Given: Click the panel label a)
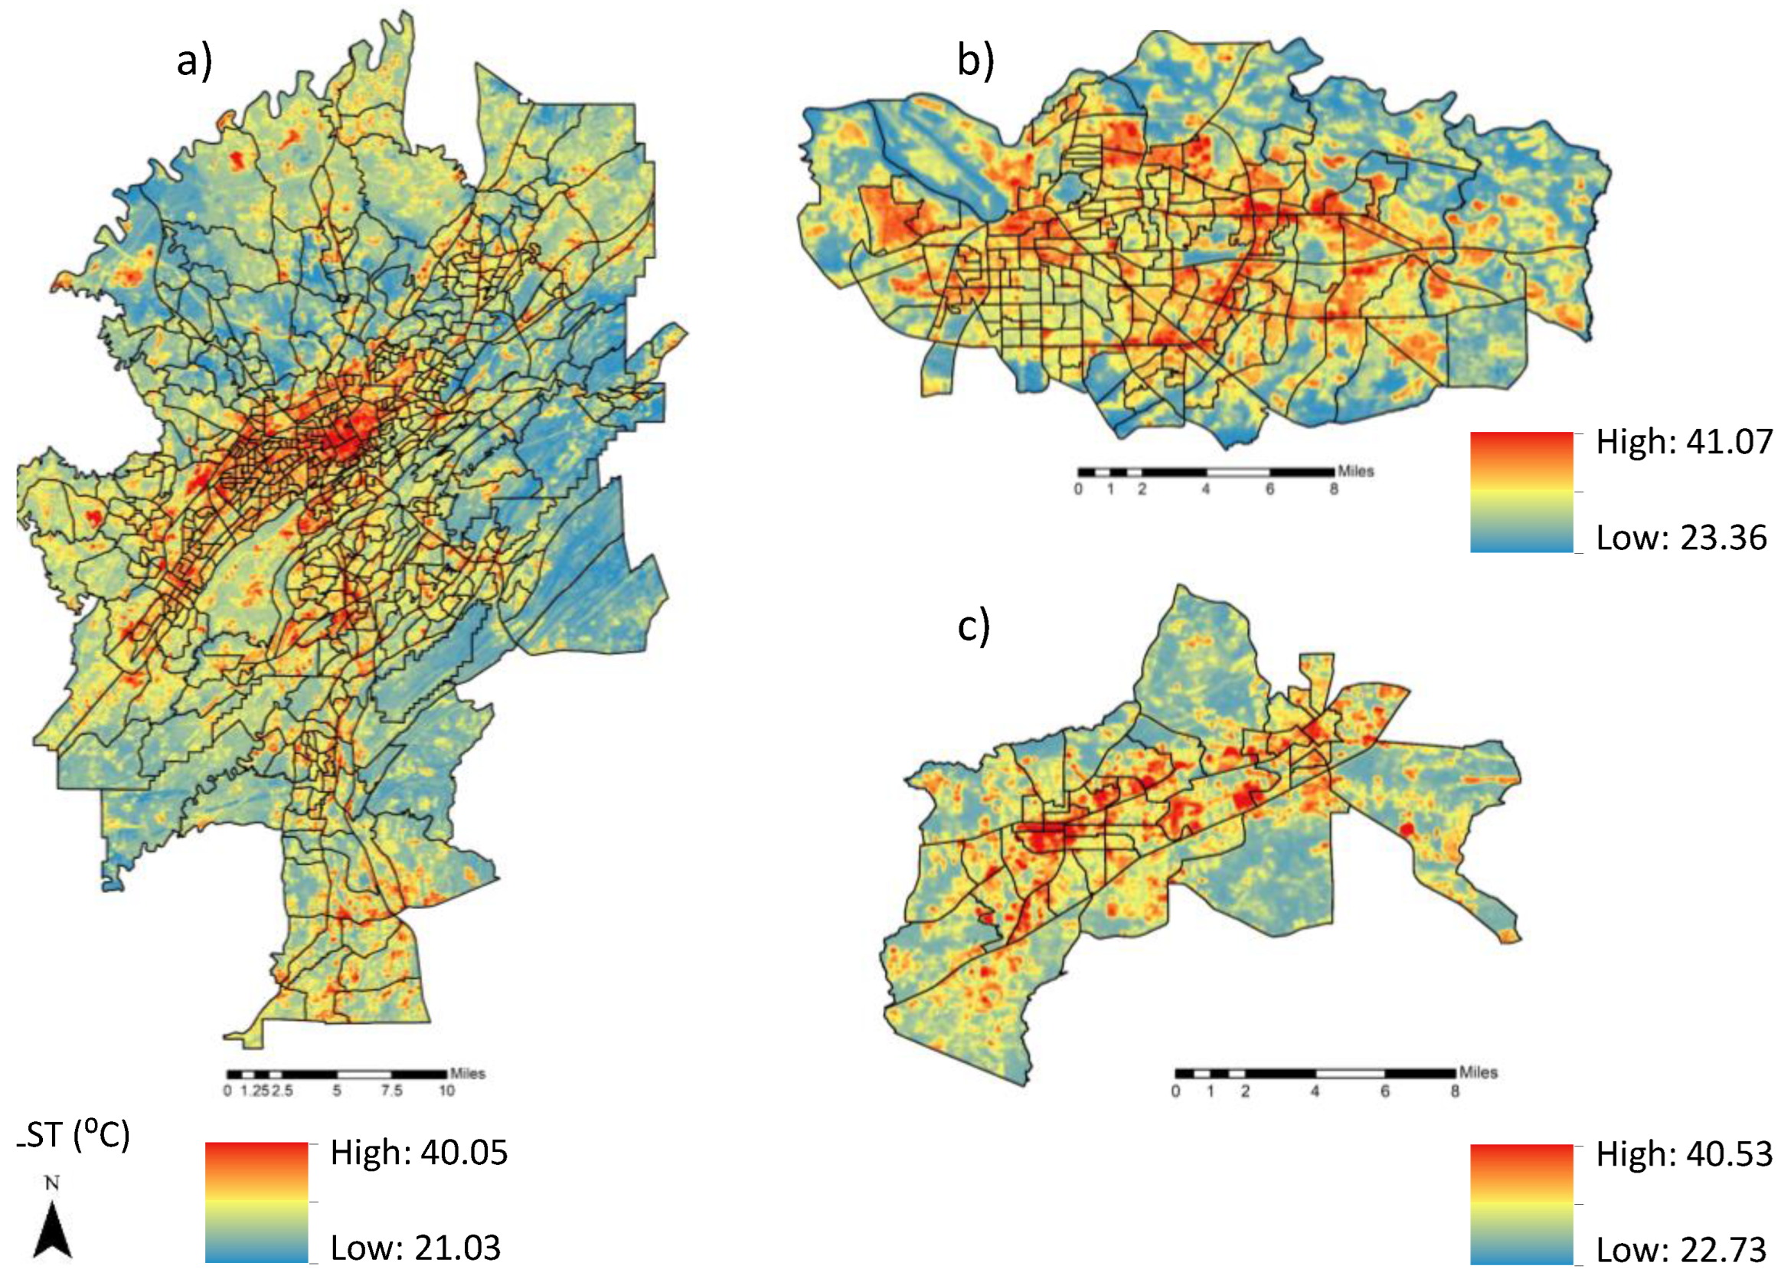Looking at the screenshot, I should tap(194, 62).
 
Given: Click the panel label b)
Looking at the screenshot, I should tap(975, 61).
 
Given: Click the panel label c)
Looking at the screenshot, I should tap(973, 627).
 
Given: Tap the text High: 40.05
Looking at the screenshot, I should tap(419, 1153).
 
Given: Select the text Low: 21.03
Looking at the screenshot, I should tap(414, 1248).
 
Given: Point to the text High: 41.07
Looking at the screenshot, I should tap(1684, 443).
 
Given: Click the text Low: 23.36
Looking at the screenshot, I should tap(1681, 539).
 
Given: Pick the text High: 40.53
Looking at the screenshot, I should tap(1684, 1155).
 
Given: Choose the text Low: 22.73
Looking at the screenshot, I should tap(1681, 1250).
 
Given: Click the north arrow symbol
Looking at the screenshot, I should tap(53, 1228).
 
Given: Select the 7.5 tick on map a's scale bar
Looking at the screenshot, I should tap(391, 1091).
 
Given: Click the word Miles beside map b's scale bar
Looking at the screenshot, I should tap(1355, 471).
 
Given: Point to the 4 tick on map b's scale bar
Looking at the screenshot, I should tap(1205, 489).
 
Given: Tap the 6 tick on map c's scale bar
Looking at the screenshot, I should tap(1384, 1091).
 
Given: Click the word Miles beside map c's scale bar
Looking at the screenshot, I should tap(1477, 1072).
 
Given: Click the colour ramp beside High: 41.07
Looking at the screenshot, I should tap(1521, 492).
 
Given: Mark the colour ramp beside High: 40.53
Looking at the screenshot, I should tap(1521, 1204).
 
